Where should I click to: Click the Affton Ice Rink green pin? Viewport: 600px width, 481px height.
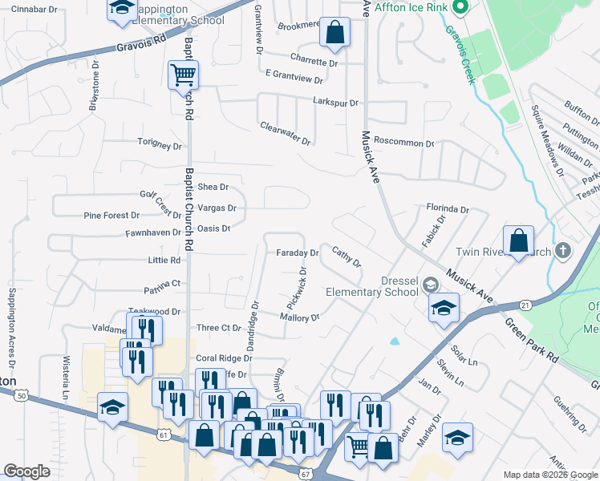460,9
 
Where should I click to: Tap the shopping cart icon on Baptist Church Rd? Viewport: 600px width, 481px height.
183,75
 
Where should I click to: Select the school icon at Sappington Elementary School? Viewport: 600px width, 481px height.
122,8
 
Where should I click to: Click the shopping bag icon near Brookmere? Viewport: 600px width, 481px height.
334,33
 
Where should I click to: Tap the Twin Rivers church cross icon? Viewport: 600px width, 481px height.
564,251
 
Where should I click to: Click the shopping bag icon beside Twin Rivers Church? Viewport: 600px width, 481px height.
519,239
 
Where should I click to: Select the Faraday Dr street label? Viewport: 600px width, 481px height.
298,253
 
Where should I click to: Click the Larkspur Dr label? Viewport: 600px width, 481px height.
335,103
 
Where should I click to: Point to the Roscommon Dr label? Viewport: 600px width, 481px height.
403,143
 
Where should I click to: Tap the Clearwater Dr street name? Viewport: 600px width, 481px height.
285,132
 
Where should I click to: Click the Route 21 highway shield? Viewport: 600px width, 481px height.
525,305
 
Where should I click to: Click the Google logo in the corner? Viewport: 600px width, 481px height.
26,471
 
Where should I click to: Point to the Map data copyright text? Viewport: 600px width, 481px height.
549,475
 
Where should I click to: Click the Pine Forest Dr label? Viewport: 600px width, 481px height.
111,216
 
